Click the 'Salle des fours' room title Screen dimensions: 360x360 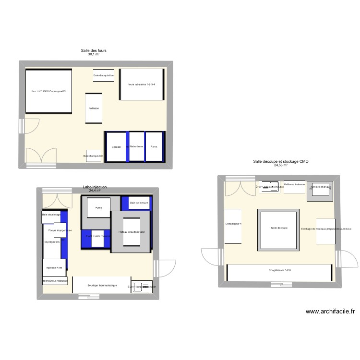pyautogui.click(x=94, y=50)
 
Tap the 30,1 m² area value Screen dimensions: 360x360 pyautogui.click(x=94, y=55)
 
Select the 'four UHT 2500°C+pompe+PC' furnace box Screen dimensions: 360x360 pyautogui.click(x=48, y=91)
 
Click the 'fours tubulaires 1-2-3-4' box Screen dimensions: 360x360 pyautogui.click(x=142, y=84)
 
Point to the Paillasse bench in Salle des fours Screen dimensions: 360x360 pyautogui.click(x=94, y=108)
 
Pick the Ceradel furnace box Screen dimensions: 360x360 pyautogui.click(x=116, y=146)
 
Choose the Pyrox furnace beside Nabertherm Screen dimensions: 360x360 pyautogui.click(x=154, y=146)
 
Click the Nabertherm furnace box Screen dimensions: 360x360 pyautogui.click(x=136, y=146)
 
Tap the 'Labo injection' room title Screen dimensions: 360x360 pyautogui.click(x=95, y=187)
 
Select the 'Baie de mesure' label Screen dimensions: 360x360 pyautogui.click(x=139, y=203)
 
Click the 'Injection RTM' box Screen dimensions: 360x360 pyautogui.click(x=54, y=268)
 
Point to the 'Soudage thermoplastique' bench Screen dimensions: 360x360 pyautogui.click(x=102, y=285)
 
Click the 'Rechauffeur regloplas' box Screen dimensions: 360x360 pyautogui.click(x=55, y=281)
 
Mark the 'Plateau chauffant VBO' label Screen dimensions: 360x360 pyautogui.click(x=132, y=232)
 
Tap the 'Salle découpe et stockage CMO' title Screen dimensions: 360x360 pyautogui.click(x=281, y=162)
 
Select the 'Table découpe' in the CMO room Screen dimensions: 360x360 pyautogui.click(x=279, y=228)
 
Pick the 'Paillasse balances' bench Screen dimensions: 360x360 pyautogui.click(x=294, y=184)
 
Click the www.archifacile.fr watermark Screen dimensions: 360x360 pyautogui.click(x=330, y=311)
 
